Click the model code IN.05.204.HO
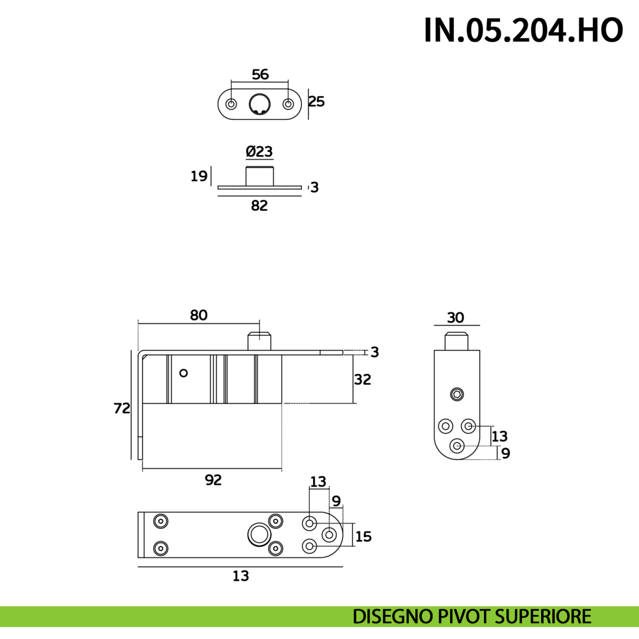point(523,30)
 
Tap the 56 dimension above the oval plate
point(260,75)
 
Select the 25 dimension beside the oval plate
point(317,101)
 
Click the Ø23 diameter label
point(259,152)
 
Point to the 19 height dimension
point(199,176)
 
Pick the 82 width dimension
point(259,206)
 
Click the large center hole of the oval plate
point(260,104)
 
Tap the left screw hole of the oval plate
point(231,104)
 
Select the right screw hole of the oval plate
point(288,104)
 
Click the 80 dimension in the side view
point(199,315)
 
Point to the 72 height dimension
point(122,408)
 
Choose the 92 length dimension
point(213,480)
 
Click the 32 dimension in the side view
point(363,380)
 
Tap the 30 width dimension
point(455,318)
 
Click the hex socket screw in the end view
point(457,395)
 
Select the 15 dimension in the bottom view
point(363,536)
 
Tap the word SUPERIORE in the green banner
point(543,617)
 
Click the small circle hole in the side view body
point(183,373)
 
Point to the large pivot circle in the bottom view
point(259,534)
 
